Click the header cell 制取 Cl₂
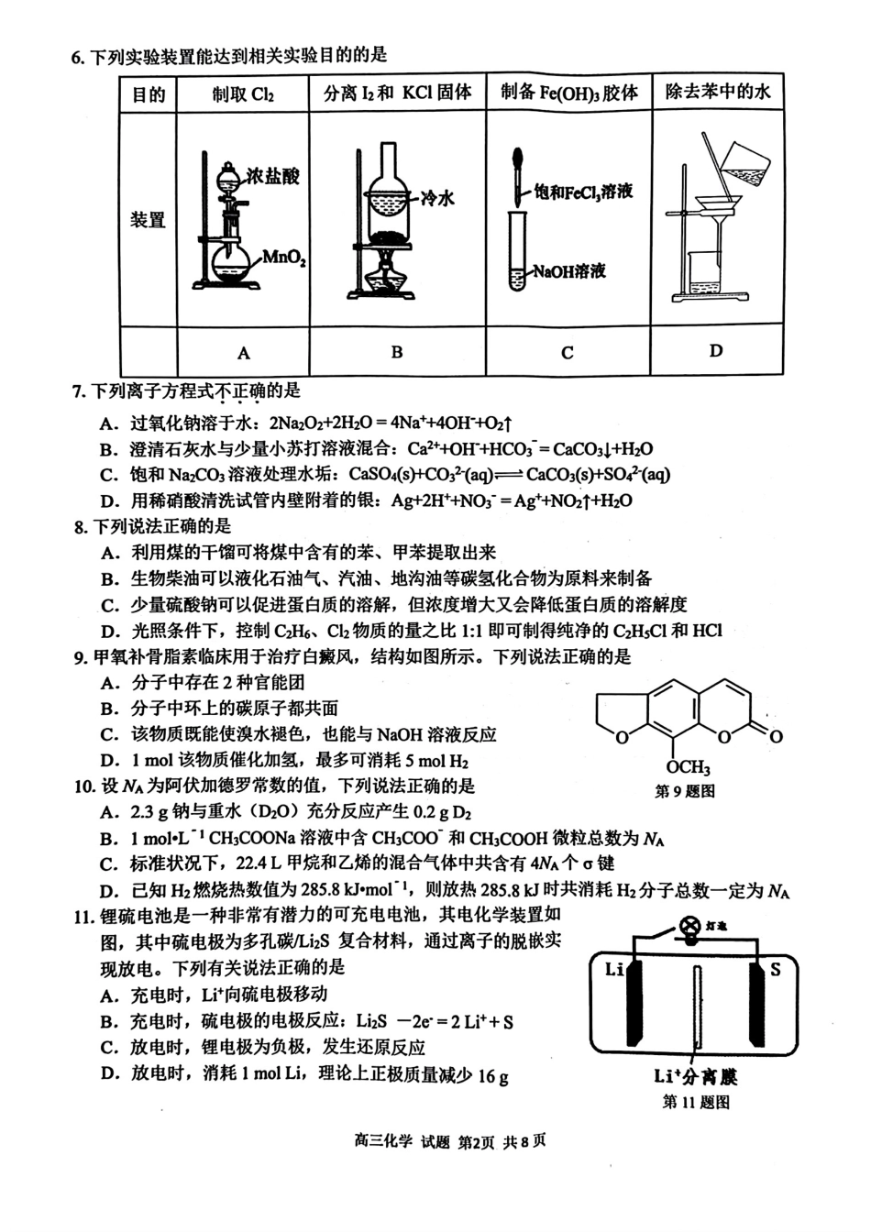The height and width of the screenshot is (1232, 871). (x=243, y=94)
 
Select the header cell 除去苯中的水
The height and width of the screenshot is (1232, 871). (x=718, y=92)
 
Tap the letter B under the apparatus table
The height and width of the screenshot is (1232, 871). (x=397, y=352)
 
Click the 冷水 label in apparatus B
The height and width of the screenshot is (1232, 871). (x=438, y=198)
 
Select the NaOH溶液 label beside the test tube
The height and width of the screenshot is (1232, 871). (x=569, y=271)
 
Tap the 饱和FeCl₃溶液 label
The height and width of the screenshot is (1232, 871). (x=584, y=192)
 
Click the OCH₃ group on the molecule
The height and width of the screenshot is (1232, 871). (x=688, y=767)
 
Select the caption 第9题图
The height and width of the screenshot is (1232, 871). (x=684, y=791)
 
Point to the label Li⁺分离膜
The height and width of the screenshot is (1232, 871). (x=696, y=1076)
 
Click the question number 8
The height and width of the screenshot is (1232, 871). (x=80, y=526)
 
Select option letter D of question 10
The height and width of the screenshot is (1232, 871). (x=109, y=890)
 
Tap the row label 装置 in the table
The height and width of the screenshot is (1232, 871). (x=148, y=220)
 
